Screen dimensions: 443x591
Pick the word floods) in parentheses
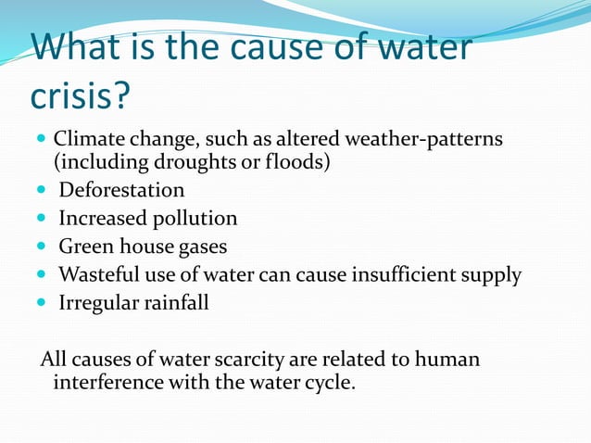tap(301, 163)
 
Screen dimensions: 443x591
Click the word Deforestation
tap(121, 191)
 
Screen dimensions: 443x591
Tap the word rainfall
tap(175, 303)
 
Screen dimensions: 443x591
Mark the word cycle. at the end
tap(329, 382)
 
